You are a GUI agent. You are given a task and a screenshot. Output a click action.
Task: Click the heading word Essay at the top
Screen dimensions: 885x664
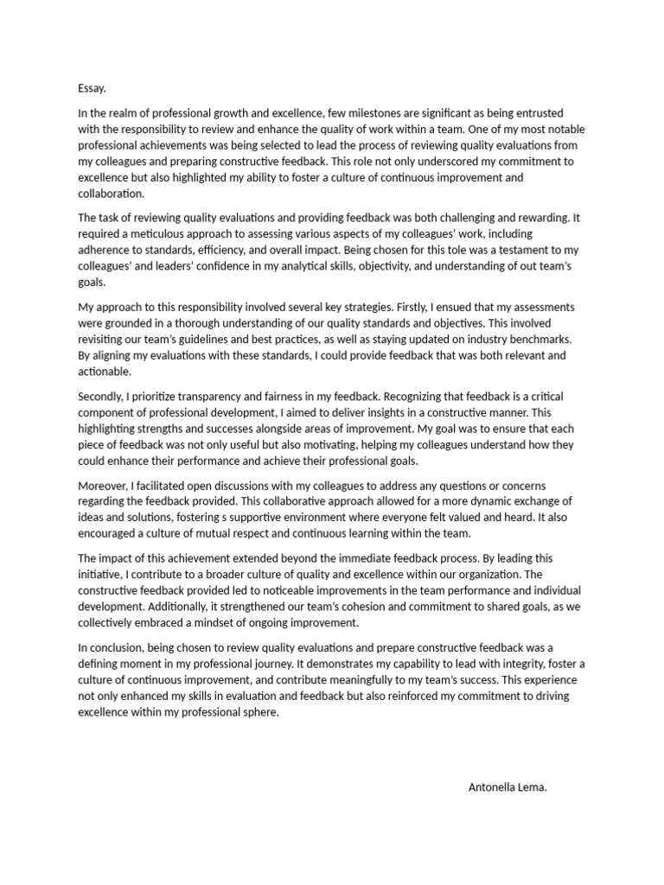92,88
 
